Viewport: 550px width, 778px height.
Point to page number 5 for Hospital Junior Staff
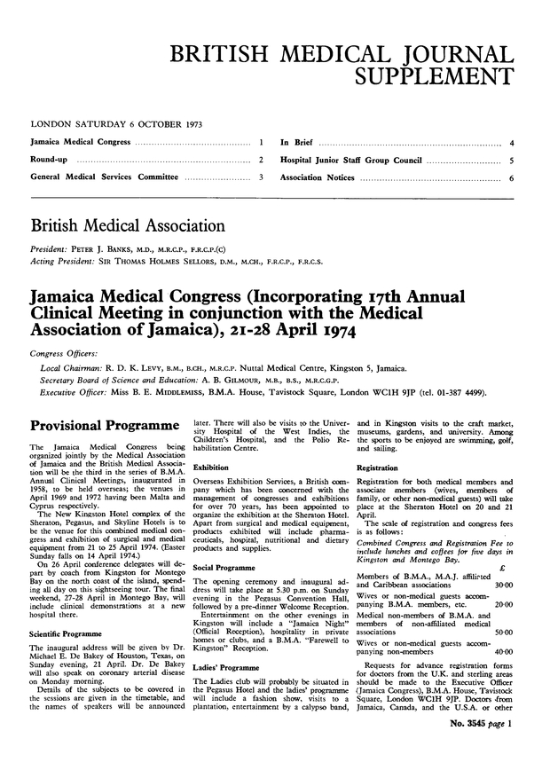pos(514,160)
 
